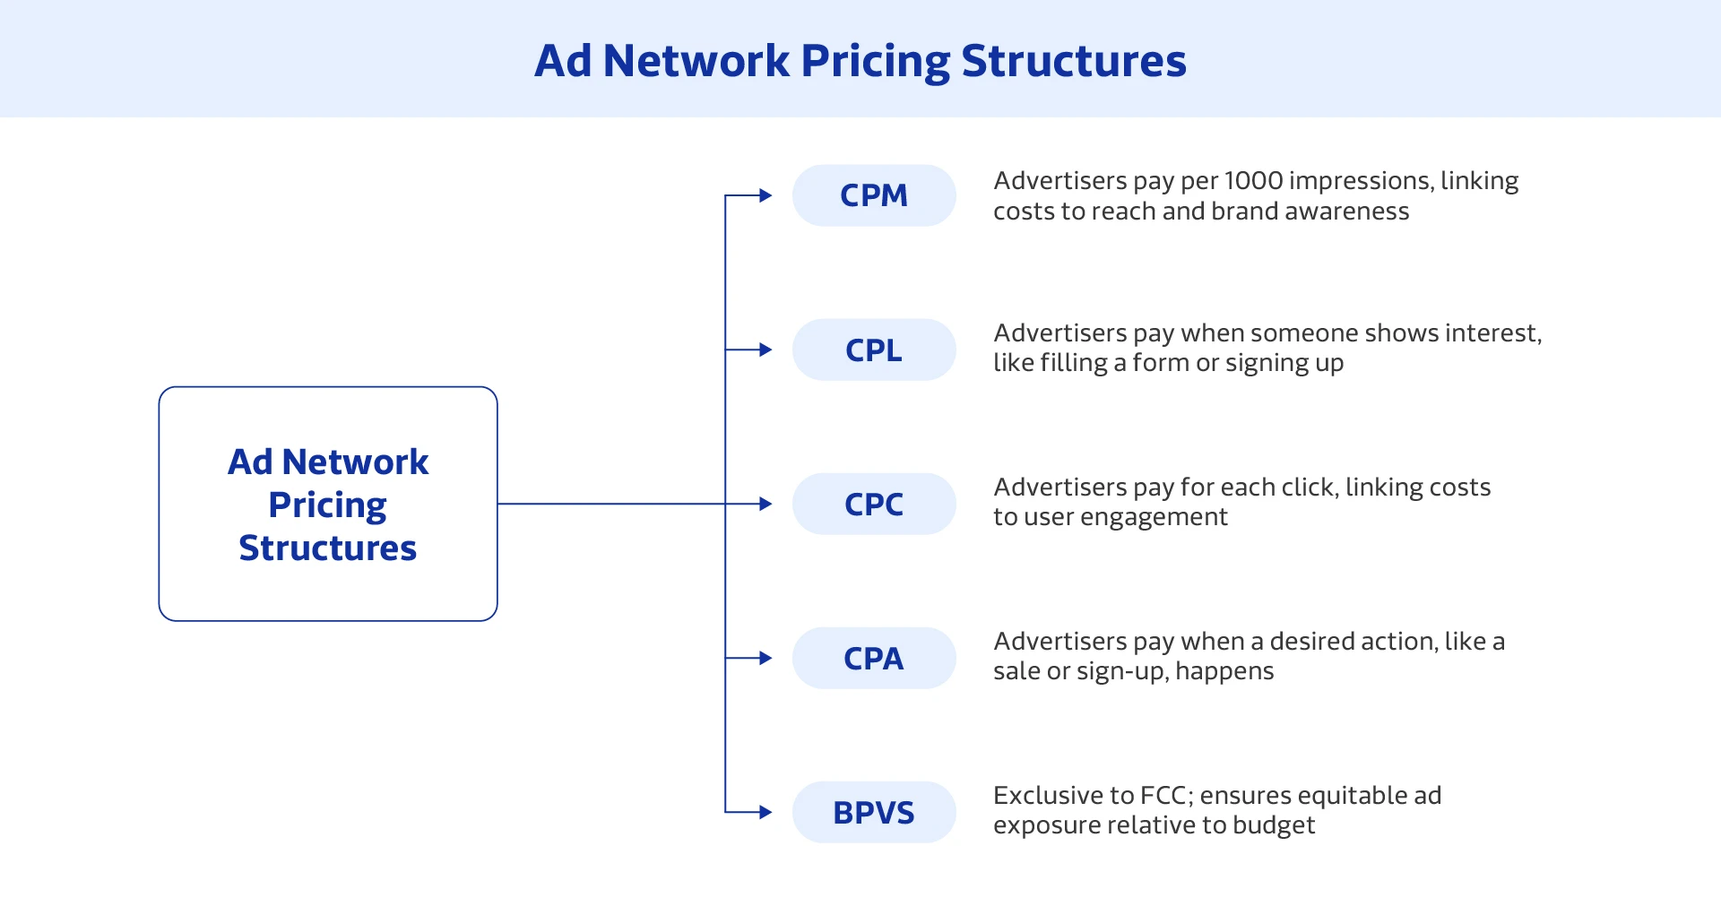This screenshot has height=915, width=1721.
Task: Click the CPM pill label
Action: click(x=874, y=195)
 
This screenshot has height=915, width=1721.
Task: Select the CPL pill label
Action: click(x=874, y=350)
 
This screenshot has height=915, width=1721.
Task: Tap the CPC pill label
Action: click(x=874, y=504)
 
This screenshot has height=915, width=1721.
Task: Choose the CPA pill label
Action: click(x=874, y=658)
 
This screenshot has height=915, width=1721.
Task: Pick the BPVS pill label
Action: click(x=874, y=812)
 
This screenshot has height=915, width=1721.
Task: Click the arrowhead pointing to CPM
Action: click(x=765, y=195)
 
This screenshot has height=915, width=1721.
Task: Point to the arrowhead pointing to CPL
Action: click(x=765, y=350)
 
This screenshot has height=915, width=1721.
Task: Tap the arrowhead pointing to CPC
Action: click(x=765, y=504)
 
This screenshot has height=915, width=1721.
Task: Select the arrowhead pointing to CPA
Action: click(x=765, y=658)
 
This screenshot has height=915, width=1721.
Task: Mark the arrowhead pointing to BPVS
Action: click(x=765, y=812)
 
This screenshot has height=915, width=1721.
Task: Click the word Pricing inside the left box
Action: click(x=327, y=505)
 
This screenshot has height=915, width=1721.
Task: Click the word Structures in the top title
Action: click(x=1073, y=61)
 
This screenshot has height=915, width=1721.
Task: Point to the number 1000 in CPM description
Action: click(x=1253, y=181)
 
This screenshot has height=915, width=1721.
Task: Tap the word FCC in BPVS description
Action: click(x=1163, y=796)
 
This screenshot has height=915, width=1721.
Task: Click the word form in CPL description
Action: click(x=1160, y=363)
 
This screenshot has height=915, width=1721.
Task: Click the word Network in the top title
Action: click(x=696, y=61)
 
